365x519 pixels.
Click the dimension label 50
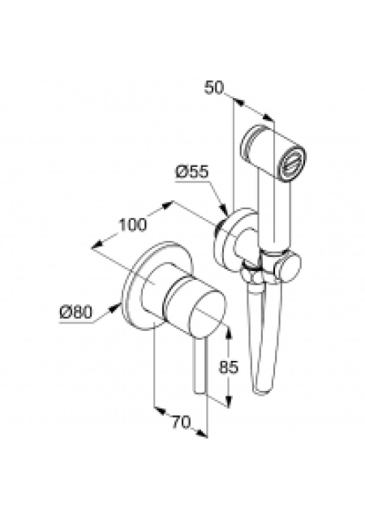click(214, 88)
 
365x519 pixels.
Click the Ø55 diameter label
click(191, 173)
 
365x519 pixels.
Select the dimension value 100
click(132, 225)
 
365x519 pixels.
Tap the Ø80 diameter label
click(75, 311)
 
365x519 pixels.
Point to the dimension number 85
click(229, 367)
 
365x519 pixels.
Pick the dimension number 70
click(182, 422)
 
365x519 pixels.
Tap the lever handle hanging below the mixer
click(200, 367)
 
